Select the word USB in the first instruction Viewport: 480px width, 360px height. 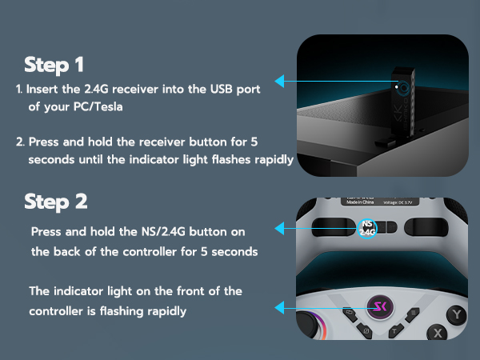coord(219,88)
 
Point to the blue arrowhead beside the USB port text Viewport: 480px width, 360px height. coord(279,81)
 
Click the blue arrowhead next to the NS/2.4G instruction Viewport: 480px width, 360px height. coord(279,229)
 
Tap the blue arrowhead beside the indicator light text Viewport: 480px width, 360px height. coord(279,306)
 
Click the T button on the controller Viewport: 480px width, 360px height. coord(395,329)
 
